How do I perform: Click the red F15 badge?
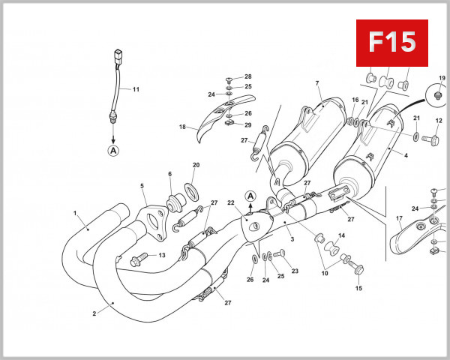391,43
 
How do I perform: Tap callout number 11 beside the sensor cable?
136,89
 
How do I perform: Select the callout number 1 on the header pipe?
75,213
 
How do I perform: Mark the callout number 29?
247,124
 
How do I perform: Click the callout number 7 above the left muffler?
317,82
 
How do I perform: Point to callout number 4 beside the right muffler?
406,156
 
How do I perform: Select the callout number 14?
341,235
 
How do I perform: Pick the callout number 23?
295,271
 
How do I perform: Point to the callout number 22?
231,203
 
